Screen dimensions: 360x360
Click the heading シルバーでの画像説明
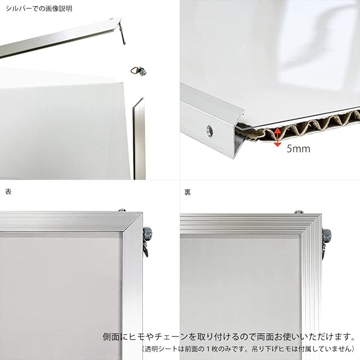pos(39,9)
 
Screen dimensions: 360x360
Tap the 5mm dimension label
pos(298,148)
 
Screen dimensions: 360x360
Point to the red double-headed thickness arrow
pos(277,137)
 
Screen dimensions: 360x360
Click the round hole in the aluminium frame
pos(209,131)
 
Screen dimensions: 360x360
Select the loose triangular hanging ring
pos(139,71)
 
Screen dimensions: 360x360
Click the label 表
pos(8,192)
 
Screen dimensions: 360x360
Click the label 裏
pos(187,192)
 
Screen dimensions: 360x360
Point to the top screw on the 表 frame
pos(122,210)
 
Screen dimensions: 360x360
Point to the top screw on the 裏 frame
pos(299,211)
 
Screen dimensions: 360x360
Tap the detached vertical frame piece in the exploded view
pos(139,139)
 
